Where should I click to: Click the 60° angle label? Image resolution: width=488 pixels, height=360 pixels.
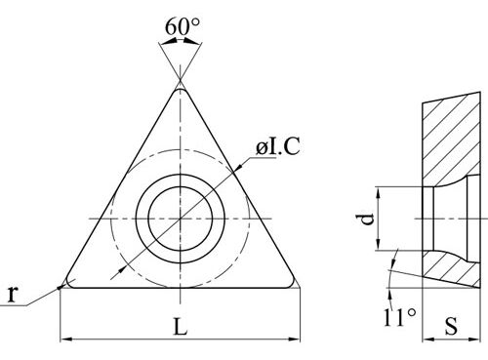pos(183,26)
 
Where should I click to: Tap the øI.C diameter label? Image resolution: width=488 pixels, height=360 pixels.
pos(277,146)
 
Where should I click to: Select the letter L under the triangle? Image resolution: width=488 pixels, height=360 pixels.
pos(181,327)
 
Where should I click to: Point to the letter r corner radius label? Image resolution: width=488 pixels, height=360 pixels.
pos(12,295)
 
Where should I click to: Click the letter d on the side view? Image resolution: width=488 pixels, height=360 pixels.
pos(367,220)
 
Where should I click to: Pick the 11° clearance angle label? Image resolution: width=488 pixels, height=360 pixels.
pos(400,317)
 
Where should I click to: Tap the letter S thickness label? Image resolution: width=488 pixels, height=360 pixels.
pos(451,326)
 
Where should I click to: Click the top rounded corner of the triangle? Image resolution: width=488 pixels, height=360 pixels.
pos(180,91)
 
